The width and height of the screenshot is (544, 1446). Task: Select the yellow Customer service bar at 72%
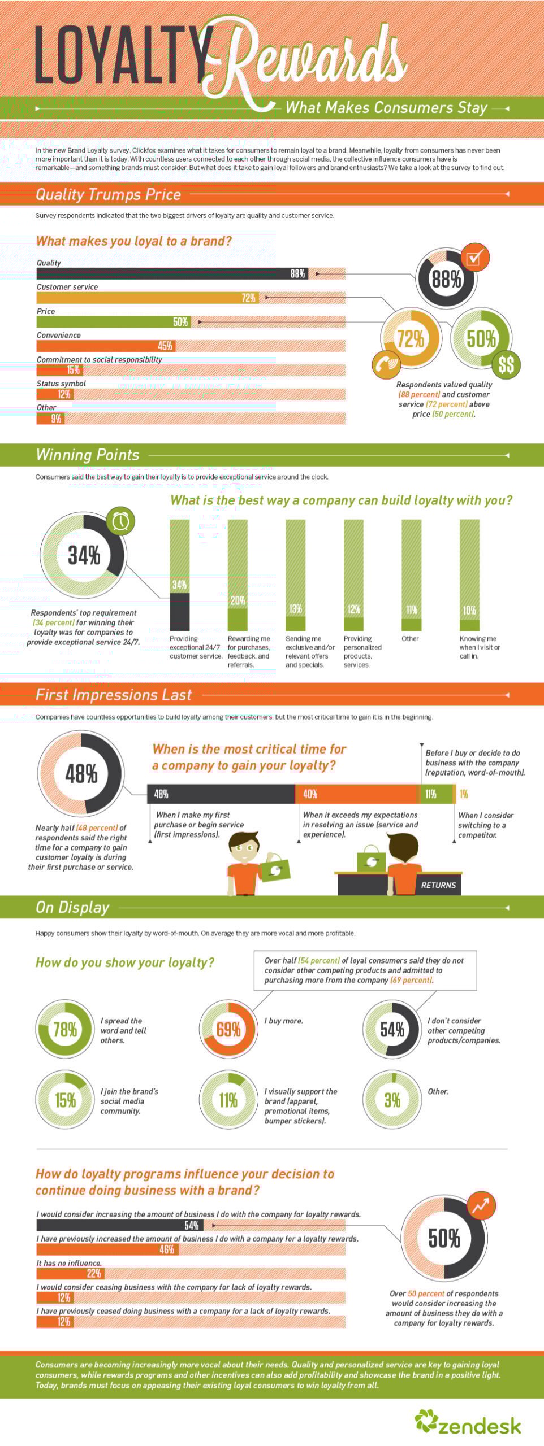tap(147, 298)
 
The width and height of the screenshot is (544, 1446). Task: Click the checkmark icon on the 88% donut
tap(474, 258)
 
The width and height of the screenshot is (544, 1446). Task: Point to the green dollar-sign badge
tap(506, 365)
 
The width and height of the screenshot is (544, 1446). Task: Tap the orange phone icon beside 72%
tap(387, 364)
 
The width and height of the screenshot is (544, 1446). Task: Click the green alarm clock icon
tap(120, 521)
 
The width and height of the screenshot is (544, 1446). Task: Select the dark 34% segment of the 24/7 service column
tap(180, 611)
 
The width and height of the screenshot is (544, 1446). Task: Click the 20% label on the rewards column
tap(238, 600)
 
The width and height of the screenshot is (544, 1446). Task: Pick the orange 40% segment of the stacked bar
tap(356, 794)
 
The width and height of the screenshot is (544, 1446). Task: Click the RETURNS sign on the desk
tap(438, 885)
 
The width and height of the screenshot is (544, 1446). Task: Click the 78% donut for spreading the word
tap(64, 1029)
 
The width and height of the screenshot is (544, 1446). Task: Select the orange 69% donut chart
tap(228, 1029)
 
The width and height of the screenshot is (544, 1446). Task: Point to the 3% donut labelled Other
tap(391, 1100)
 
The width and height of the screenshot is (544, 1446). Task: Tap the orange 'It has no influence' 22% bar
tap(70, 1273)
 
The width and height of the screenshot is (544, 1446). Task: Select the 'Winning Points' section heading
tap(88, 455)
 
